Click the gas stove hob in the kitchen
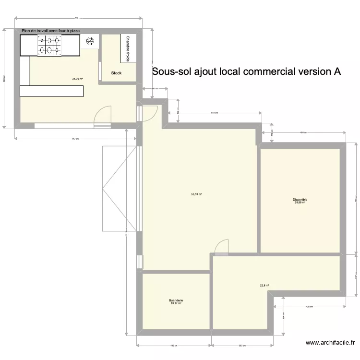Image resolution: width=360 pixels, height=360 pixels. point(49,45)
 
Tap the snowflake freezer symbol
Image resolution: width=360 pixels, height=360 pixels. point(89,41)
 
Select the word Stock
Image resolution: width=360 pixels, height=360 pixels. point(116,73)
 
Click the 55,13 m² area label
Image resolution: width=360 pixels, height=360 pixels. point(196,194)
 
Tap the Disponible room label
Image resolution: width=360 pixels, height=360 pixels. point(300,200)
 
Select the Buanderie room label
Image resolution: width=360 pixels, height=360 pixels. point(176,300)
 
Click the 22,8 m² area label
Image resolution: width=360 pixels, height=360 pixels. point(264,286)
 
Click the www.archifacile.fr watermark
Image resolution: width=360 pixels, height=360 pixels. point(330,343)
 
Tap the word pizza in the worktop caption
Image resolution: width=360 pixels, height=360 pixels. point(74,31)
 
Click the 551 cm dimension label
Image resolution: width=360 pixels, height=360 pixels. point(215,113)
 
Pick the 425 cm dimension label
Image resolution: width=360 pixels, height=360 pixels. point(309,307)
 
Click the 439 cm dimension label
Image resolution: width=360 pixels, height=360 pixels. point(174,346)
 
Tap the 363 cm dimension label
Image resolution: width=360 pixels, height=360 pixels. point(242,346)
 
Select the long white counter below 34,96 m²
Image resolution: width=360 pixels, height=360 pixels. point(51,91)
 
